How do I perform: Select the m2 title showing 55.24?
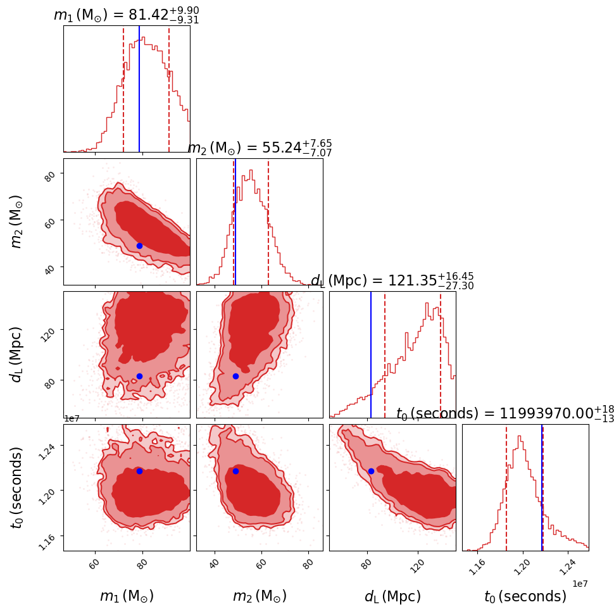[x=260, y=148]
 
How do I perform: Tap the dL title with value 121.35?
[x=392, y=281]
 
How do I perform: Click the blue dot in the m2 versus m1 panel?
[x=139, y=246]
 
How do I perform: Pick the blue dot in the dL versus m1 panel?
[x=139, y=376]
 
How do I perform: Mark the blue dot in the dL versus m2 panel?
[x=235, y=376]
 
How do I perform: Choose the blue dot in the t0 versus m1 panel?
[x=139, y=471]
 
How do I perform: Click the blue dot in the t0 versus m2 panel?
[x=235, y=471]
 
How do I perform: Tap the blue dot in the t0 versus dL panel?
[x=371, y=471]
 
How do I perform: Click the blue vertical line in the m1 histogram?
[x=139, y=89]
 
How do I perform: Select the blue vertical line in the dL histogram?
[x=371, y=354]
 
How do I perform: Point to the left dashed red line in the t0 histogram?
[x=506, y=487]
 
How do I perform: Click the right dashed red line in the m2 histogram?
[x=268, y=222]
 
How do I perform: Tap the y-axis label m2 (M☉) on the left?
[x=18, y=221]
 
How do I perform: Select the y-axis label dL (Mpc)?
[x=18, y=354]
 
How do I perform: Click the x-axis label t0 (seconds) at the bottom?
[x=525, y=596]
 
